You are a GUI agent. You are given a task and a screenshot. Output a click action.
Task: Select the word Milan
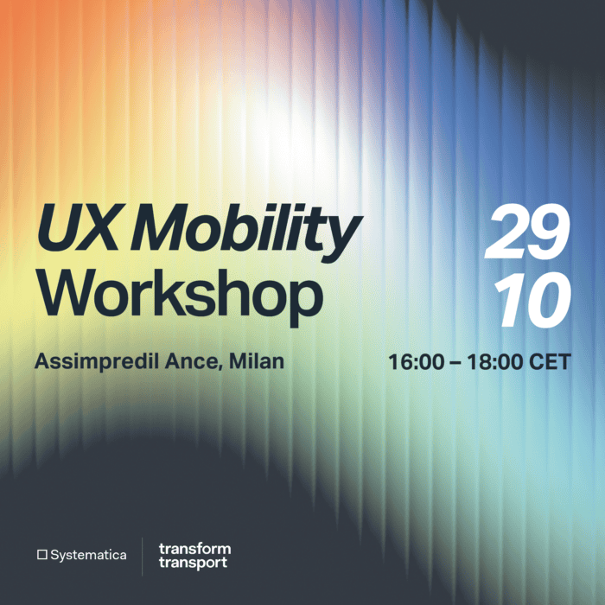pos(258,361)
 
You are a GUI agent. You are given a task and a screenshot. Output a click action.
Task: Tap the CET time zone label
pos(551,362)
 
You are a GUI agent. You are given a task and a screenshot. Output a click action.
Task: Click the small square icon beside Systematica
pos(41,555)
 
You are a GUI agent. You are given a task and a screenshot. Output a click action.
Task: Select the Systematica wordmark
pos(88,555)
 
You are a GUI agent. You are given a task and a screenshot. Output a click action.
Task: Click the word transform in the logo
pos(194,548)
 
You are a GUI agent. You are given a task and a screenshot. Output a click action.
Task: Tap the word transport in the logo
pos(193,563)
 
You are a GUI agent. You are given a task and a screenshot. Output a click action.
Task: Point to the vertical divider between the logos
pos(143,555)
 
